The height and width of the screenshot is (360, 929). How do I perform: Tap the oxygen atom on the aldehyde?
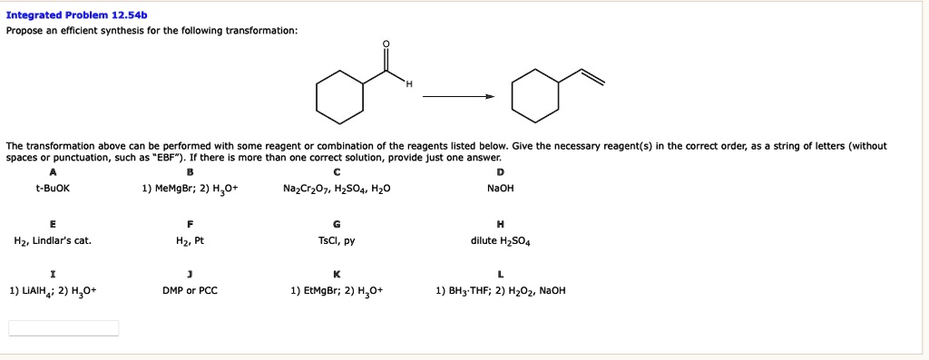coord(386,45)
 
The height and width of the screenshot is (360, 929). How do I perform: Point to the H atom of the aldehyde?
coord(408,85)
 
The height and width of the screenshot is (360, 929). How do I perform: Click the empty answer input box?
coord(64,328)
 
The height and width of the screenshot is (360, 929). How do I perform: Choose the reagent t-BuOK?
coord(53,189)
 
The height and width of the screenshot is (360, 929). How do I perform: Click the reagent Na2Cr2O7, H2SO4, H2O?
coord(337,189)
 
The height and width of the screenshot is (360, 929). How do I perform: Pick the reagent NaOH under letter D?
coord(500,189)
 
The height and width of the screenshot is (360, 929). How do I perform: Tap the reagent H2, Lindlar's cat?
coord(53,241)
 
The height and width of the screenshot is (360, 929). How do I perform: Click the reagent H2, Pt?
coord(190,241)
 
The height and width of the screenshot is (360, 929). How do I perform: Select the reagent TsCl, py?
coord(337,241)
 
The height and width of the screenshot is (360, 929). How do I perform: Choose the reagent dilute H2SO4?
coord(500,241)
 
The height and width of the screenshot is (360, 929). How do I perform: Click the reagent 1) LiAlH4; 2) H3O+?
coord(53,291)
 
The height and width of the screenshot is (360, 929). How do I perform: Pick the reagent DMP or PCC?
coord(190,291)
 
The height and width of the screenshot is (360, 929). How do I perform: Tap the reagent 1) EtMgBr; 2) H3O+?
coord(337,291)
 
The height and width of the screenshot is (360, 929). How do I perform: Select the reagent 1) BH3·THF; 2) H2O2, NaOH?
coord(500,291)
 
